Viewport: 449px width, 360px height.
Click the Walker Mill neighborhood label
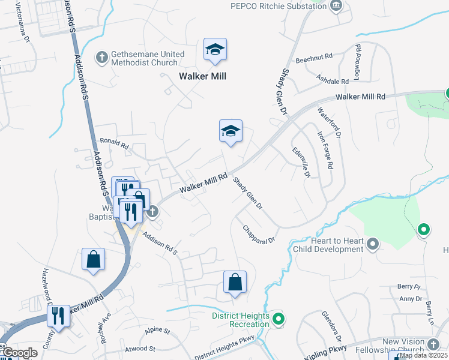tap(202, 76)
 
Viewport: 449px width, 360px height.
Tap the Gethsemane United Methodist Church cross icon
tap(102, 58)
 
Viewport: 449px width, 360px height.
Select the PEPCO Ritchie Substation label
tap(279, 6)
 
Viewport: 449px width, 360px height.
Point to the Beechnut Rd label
tap(313, 59)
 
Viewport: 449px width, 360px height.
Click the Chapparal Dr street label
tap(259, 234)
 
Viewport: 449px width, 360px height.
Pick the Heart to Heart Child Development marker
tap(373, 244)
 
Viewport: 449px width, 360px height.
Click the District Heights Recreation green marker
tap(277, 319)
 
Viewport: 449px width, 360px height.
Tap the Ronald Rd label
tap(114, 145)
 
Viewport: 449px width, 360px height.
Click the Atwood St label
tap(140, 349)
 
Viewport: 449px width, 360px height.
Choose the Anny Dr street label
tap(411, 299)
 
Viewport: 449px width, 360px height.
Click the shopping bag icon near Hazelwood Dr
tap(94, 260)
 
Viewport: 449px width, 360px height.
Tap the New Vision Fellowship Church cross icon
tap(434, 345)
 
